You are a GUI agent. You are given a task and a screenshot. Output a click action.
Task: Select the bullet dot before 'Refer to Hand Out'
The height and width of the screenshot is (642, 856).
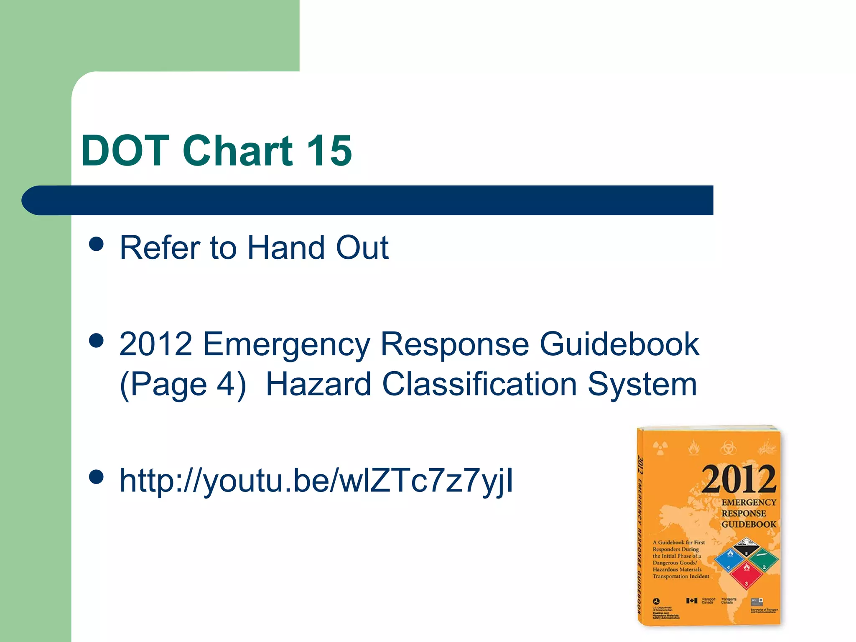tap(97, 244)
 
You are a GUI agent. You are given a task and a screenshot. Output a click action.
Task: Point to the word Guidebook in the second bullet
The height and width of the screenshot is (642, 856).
tap(619, 344)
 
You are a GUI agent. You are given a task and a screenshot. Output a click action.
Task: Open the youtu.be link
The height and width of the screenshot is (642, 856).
tap(316, 481)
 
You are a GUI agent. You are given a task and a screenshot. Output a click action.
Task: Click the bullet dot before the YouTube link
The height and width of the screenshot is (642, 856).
tap(97, 477)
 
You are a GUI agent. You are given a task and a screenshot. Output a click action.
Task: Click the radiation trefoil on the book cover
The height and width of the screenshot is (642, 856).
tap(660, 448)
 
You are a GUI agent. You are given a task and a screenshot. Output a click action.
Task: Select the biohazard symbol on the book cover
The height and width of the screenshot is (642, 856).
tap(729, 448)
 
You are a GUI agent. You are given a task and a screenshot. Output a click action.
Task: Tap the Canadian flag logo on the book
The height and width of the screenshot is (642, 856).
tap(692, 601)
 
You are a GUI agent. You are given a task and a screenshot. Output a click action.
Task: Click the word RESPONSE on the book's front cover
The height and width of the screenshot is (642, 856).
tap(744, 513)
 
